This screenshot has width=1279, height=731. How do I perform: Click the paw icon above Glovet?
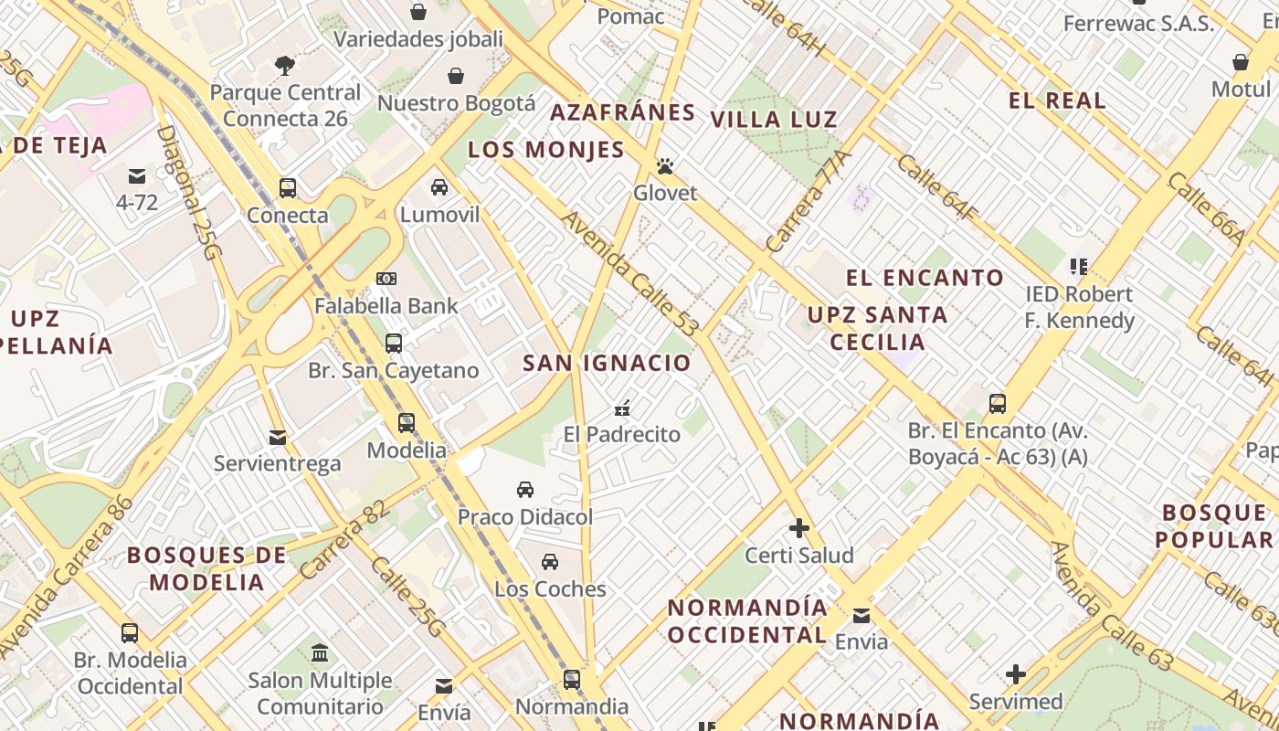[x=665, y=166]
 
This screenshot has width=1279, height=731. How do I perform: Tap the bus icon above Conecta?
[x=288, y=188]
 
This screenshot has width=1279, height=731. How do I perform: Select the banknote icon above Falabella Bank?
[x=386, y=279]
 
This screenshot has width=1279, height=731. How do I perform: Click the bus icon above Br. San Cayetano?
[x=394, y=344]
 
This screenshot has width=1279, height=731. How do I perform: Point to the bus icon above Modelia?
[x=407, y=423]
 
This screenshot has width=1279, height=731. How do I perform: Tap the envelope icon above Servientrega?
[x=278, y=438]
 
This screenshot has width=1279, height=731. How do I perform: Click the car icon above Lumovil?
[x=439, y=187]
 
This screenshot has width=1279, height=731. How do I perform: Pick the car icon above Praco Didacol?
[x=525, y=490]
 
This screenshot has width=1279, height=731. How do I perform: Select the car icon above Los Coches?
[x=550, y=562]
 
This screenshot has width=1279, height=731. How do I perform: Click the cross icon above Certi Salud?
[x=799, y=528]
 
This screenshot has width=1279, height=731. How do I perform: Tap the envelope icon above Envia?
[x=861, y=615]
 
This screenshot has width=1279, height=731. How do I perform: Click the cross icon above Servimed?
[x=1016, y=675]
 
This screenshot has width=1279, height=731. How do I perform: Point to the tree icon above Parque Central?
[x=285, y=65]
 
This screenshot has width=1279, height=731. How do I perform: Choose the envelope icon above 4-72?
[x=137, y=175]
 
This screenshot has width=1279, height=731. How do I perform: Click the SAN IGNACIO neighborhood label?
[x=607, y=363]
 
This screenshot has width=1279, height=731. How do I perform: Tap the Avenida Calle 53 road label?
[x=631, y=273]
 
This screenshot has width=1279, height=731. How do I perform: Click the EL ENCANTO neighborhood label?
[x=925, y=278]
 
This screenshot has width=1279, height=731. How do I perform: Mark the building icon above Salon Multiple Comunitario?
[x=320, y=653]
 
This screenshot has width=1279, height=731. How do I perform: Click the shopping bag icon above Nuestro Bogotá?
[x=456, y=76]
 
